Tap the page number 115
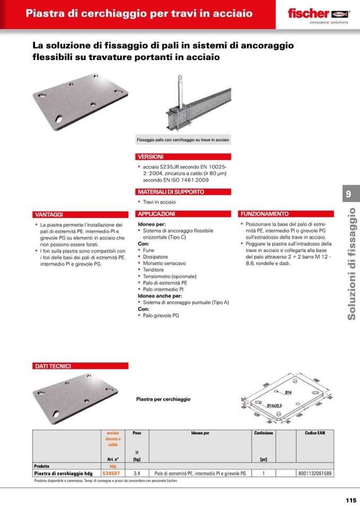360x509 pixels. tap(350, 500)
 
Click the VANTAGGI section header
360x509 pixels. tap(49, 214)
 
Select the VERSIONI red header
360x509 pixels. tap(151, 157)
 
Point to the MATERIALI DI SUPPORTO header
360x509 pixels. tap(164, 192)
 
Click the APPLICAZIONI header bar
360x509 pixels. tap(156, 214)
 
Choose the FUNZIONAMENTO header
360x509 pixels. tap(264, 214)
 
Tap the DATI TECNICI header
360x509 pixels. tap(53, 366)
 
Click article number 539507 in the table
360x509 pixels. tap(111, 473)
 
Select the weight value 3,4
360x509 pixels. tap(137, 473)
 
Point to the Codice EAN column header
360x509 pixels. tap(315, 433)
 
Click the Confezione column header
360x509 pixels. tap(263, 433)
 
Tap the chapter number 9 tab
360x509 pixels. tap(348, 194)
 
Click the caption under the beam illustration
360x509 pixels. tap(183, 140)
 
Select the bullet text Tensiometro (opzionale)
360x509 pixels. tap(169, 277)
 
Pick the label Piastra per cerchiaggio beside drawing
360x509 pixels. tap(163, 399)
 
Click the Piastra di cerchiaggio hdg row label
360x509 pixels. tap(63, 473)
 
